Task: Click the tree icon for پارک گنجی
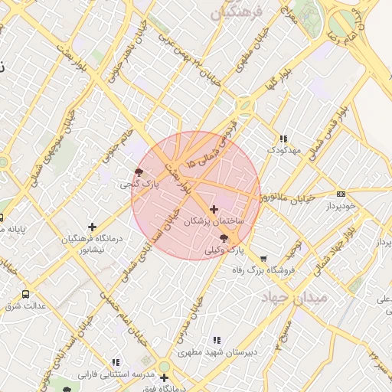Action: click(138, 172)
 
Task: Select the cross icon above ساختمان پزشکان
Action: click(214, 208)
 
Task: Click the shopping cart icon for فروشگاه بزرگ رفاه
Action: click(264, 259)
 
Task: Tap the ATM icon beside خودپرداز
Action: click(341, 194)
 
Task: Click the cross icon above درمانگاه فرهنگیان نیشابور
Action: click(93, 227)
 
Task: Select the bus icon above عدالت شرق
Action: click(26, 294)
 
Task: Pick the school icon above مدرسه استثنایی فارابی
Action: click(116, 362)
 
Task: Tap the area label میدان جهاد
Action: click(295, 296)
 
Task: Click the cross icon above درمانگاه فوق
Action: click(164, 377)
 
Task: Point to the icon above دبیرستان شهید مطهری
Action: click(216, 340)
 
